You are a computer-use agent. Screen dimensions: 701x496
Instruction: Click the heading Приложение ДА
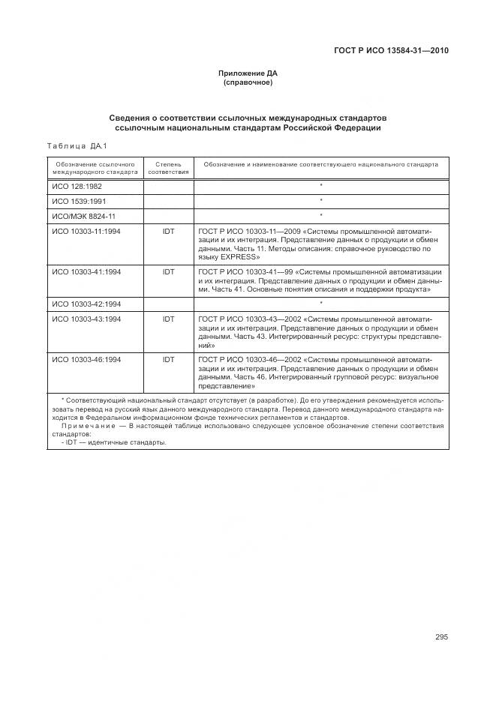(x=248, y=73)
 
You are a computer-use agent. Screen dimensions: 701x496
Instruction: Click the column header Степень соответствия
(x=168, y=167)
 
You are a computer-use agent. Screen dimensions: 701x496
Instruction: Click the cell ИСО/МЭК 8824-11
(x=83, y=216)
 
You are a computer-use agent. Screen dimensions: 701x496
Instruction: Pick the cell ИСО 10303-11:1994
(x=86, y=232)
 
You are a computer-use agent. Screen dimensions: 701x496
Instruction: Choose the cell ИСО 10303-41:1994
(x=86, y=271)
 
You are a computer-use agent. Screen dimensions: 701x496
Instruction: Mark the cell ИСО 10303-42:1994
(x=86, y=304)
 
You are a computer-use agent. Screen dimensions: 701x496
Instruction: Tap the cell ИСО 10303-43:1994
(x=86, y=319)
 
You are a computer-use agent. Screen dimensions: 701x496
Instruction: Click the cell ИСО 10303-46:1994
(x=86, y=360)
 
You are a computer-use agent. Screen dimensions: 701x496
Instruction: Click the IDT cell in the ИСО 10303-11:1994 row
(x=168, y=232)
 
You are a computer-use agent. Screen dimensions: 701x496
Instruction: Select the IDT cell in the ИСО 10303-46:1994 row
(x=168, y=360)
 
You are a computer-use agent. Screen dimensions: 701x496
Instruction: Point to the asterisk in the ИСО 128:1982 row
(x=321, y=185)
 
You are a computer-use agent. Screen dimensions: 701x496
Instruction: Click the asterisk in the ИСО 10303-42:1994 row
(x=321, y=304)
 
